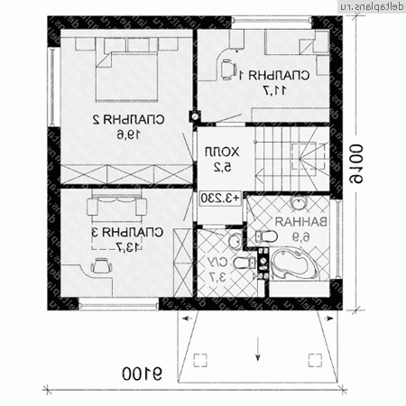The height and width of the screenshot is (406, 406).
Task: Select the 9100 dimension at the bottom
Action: click(138, 372)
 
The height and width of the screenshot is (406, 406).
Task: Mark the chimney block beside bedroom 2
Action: click(192, 115)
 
